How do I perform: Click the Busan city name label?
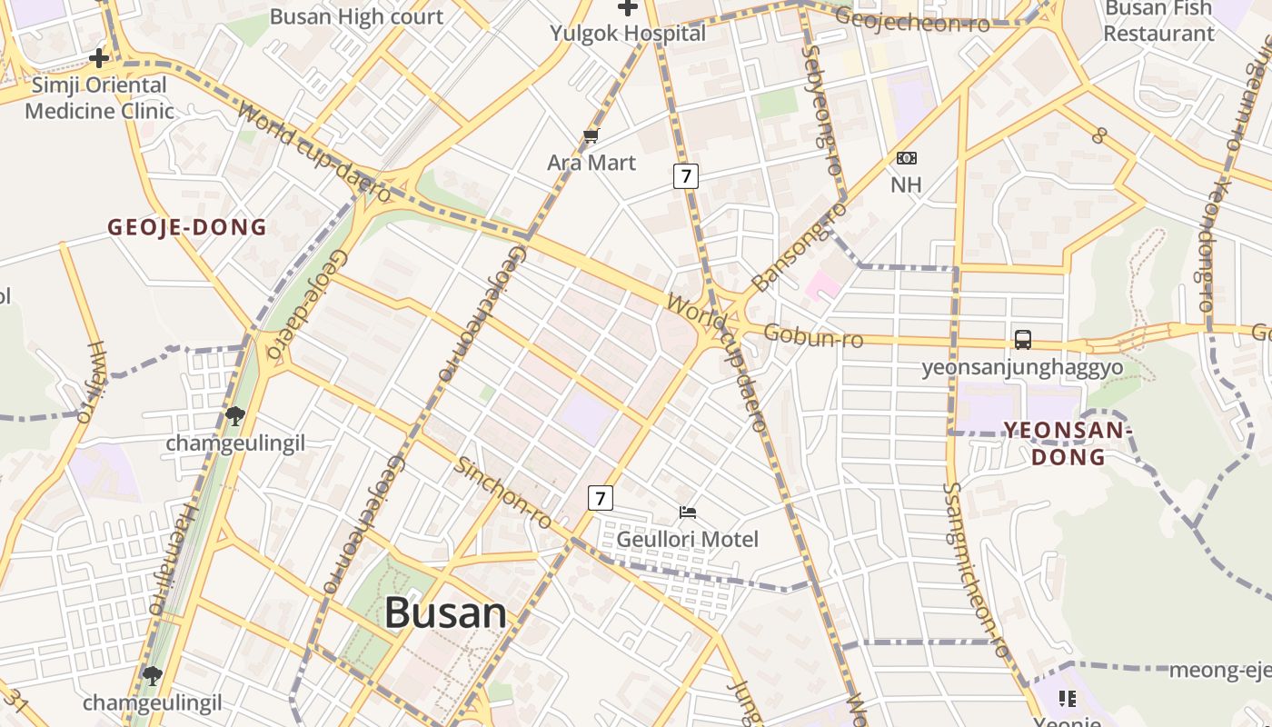point(445,612)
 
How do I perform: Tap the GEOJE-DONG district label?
point(187,227)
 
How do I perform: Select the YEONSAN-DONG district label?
point(1068,443)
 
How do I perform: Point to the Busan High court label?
point(356,16)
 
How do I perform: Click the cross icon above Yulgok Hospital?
point(627,8)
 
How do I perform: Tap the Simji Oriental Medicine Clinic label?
point(99,98)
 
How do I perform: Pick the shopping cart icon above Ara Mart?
point(591,136)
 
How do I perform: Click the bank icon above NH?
point(906,158)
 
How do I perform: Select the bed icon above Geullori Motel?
point(688,513)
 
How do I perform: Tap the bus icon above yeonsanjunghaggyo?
point(1023,340)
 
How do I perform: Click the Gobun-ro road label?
point(813,336)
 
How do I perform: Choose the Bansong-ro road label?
point(800,246)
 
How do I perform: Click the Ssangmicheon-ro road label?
point(976,570)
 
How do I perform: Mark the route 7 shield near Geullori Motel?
point(600,498)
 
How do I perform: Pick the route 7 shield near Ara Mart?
point(686,175)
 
